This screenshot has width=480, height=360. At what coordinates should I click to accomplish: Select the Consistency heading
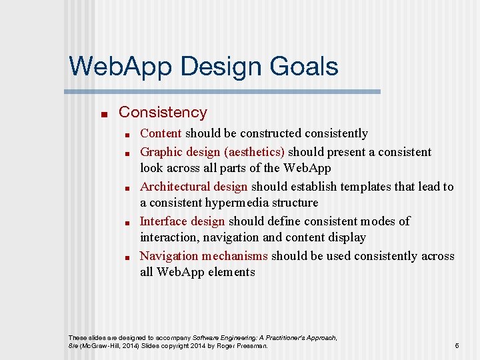[x=163, y=113]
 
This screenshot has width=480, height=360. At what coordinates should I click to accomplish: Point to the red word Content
[x=161, y=133]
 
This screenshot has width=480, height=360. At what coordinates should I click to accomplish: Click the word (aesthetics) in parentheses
[x=254, y=152]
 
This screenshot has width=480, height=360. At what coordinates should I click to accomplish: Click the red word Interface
[x=163, y=221]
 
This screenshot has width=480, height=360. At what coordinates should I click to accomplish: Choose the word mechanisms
[x=235, y=256]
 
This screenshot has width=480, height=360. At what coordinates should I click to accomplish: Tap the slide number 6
[x=457, y=346]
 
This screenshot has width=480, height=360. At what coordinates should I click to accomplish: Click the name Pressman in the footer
[x=253, y=346]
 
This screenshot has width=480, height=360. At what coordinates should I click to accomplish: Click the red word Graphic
[x=160, y=152]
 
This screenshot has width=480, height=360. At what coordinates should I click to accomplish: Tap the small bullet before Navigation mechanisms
[x=126, y=257]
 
